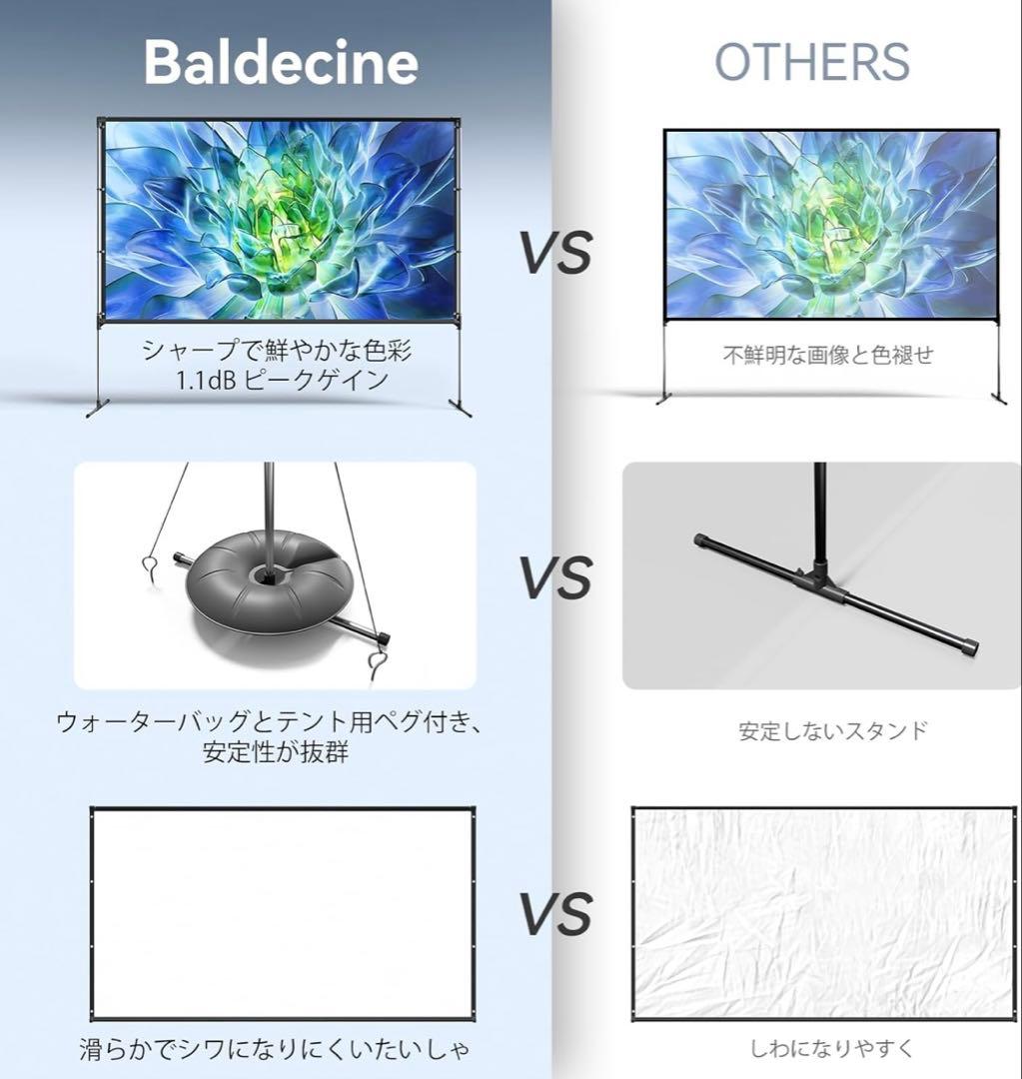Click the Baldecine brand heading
(x=281, y=62)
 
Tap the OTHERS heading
(x=811, y=62)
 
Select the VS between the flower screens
(x=555, y=252)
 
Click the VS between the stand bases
(x=555, y=576)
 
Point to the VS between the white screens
(x=555, y=914)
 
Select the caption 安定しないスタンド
(x=832, y=730)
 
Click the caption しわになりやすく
(x=831, y=1048)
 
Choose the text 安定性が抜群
(x=275, y=751)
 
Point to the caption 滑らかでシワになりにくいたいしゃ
(x=274, y=1049)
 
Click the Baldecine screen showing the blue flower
(x=280, y=219)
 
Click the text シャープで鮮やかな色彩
(x=277, y=351)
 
